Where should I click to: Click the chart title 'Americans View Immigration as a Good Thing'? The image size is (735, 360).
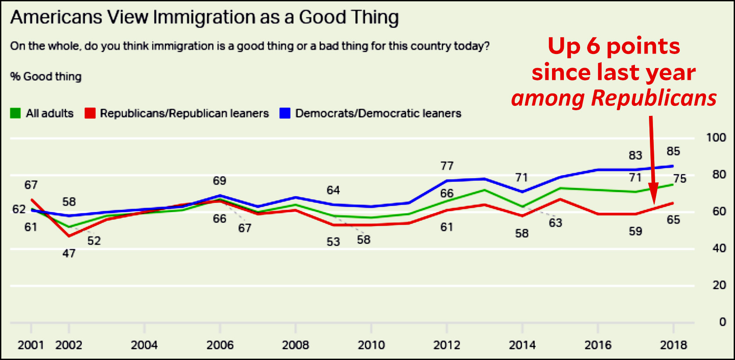coord(204,18)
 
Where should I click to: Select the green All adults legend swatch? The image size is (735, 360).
coord(15,113)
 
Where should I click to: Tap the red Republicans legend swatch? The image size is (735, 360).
coord(90,113)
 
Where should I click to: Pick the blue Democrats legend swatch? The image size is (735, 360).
coord(285,113)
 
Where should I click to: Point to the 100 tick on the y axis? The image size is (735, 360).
coord(716,137)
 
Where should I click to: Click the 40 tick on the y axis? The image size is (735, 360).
coord(719,248)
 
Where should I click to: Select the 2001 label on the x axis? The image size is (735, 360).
coord(31,345)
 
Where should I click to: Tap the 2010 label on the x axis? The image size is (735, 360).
coord(371,345)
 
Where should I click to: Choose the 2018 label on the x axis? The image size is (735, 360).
coord(674,345)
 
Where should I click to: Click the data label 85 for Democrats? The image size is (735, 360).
coord(673,151)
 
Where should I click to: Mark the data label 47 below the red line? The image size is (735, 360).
coord(69,253)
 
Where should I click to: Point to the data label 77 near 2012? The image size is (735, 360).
coord(447,166)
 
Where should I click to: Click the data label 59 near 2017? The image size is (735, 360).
coord(635,231)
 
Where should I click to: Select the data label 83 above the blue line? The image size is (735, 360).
coord(635,155)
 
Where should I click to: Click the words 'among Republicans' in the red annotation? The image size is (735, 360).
coord(614,98)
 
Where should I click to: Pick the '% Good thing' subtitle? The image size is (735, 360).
coord(46,76)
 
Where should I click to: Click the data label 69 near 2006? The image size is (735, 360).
coord(219,181)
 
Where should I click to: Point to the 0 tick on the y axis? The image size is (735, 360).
coord(722,322)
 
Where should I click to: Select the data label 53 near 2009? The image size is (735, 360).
coord(333,242)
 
